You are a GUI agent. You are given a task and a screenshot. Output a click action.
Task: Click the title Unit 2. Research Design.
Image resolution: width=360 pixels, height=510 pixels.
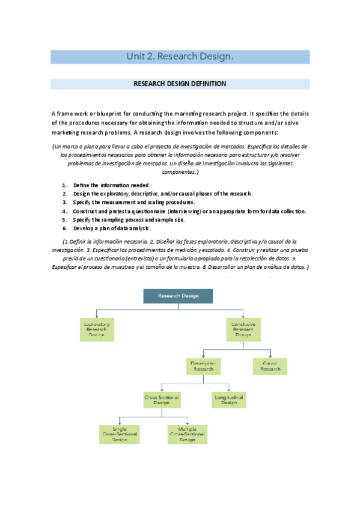point(180,57)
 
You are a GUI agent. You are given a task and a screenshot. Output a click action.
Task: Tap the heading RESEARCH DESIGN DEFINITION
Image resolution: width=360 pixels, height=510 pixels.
point(180,84)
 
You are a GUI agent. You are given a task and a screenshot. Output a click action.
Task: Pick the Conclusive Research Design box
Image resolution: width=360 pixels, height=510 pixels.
point(243,329)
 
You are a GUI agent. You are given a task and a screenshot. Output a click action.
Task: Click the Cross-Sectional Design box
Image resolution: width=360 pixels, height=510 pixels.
point(162,400)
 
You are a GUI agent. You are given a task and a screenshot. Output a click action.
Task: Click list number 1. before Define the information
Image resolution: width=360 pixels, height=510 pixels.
point(64,185)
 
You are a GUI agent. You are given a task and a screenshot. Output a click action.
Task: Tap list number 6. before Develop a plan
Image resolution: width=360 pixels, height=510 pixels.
point(64,229)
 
